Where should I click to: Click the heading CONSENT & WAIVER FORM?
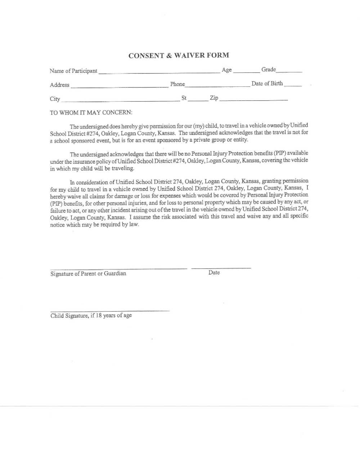179,55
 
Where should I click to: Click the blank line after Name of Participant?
159,72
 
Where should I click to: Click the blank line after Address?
119,86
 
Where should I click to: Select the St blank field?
198,100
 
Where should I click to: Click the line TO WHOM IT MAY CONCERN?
91,113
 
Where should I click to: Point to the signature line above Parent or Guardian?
118,269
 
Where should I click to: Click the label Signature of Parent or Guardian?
88,274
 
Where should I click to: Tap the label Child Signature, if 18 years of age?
91,316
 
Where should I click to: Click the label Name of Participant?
73,71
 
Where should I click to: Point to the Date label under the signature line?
214,273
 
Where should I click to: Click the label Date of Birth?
267,84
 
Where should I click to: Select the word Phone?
177,84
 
